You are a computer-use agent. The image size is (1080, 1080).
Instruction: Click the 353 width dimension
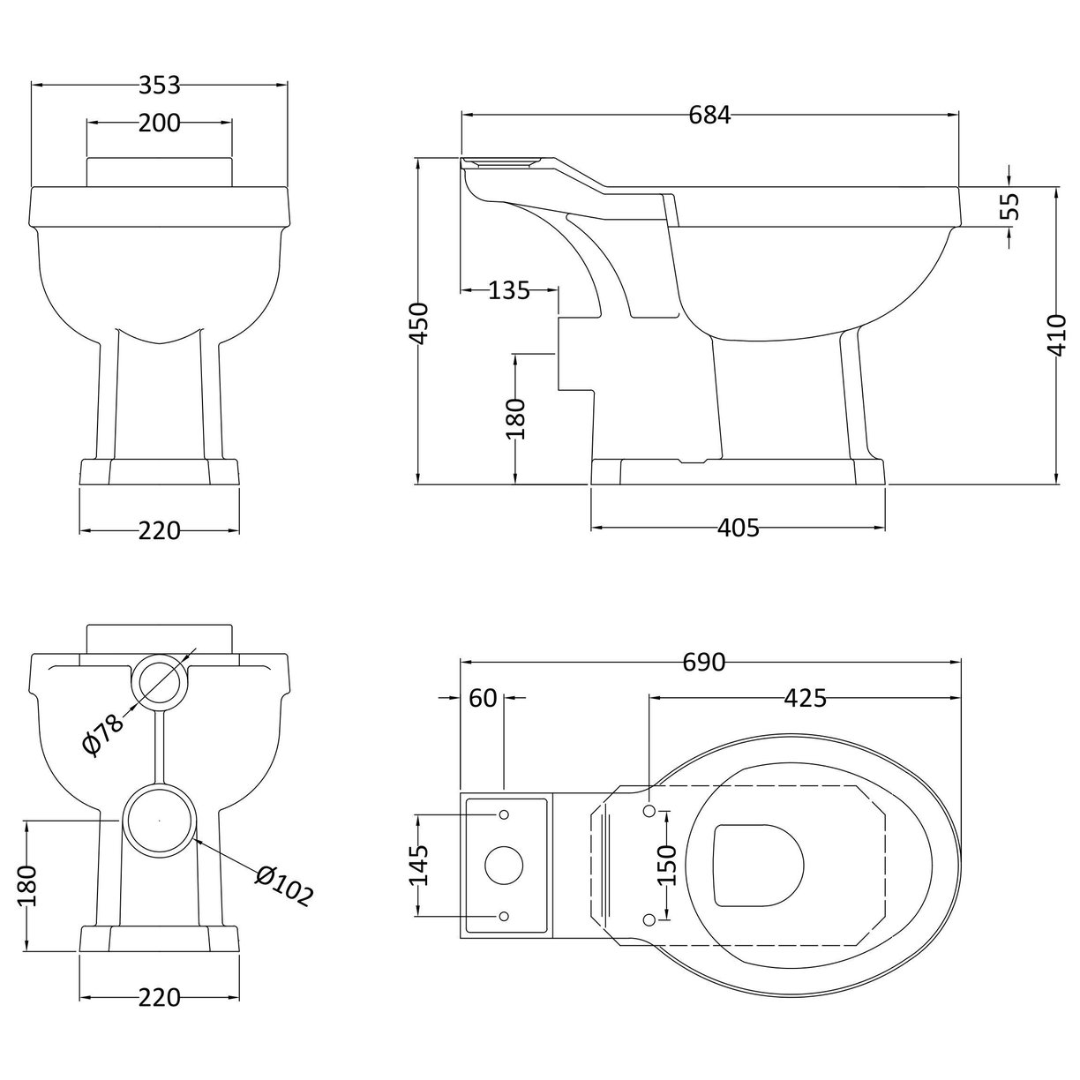click(x=160, y=85)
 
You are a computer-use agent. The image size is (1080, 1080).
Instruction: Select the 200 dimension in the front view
click(x=159, y=124)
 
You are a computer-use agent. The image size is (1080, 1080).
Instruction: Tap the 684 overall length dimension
click(x=710, y=115)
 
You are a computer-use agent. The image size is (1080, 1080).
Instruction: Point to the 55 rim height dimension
click(x=1010, y=206)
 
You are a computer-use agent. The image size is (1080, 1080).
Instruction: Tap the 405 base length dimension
click(x=738, y=528)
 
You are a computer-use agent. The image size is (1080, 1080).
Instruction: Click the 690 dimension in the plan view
click(x=703, y=662)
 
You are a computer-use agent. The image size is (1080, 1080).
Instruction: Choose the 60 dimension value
click(x=483, y=698)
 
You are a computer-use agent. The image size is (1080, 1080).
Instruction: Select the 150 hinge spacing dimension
click(x=667, y=866)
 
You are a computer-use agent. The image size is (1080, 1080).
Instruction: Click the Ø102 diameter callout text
click(x=284, y=886)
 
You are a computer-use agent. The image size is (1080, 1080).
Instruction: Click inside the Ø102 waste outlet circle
click(x=159, y=821)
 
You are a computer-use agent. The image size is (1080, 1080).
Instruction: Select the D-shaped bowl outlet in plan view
click(x=759, y=866)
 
